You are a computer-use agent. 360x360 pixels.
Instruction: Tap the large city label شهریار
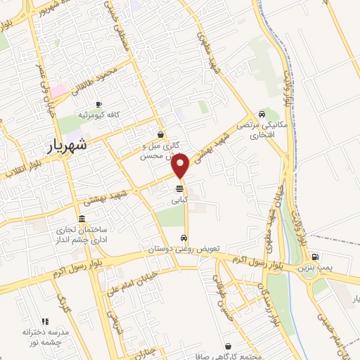click(x=70, y=146)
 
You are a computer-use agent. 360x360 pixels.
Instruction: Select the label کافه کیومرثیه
click(x=97, y=114)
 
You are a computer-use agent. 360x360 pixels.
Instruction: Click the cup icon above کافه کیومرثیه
click(x=98, y=103)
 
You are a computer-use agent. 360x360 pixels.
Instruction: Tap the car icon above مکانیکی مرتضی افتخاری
click(x=262, y=113)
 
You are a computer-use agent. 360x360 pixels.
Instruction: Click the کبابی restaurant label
click(x=180, y=200)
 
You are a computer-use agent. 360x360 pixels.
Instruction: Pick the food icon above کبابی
click(x=180, y=188)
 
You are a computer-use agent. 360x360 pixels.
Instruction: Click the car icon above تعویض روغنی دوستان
click(x=184, y=238)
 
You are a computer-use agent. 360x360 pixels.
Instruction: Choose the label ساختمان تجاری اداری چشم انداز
click(x=82, y=234)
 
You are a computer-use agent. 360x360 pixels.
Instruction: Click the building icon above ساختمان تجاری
click(x=83, y=219)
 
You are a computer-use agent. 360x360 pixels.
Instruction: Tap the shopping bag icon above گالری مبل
click(x=162, y=134)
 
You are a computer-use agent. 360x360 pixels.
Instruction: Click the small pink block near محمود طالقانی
click(x=58, y=91)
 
